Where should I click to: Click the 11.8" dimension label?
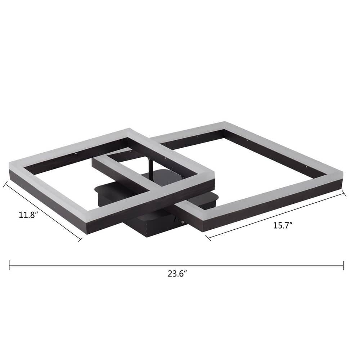(x=29, y=215)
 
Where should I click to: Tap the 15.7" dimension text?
(x=282, y=226)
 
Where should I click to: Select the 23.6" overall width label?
(x=177, y=273)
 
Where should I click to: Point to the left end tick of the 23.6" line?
(x=9, y=265)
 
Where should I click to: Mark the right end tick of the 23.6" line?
(x=343, y=265)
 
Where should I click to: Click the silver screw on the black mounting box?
(x=183, y=222)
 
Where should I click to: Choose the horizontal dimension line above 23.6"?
(x=176, y=265)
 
